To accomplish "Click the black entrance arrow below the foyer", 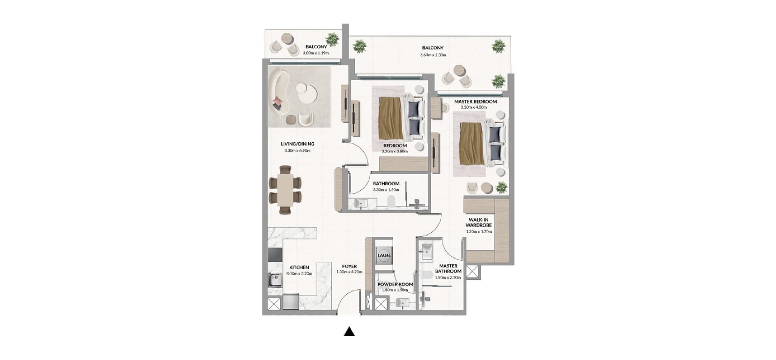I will (349, 332).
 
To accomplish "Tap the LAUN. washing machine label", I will (384, 255).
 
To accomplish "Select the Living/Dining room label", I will (297, 144).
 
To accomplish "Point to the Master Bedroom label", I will (475, 101).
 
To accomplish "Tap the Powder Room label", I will (395, 284).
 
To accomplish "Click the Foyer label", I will (349, 266).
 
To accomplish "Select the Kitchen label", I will (299, 267).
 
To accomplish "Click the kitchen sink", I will (275, 279).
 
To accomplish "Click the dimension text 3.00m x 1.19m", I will (316, 53).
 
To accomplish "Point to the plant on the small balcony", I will (333, 39).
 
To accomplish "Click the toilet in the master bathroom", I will (426, 276).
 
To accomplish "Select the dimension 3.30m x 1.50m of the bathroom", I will (386, 189).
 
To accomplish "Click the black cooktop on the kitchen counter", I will (275, 255).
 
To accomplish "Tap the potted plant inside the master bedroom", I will (502, 187).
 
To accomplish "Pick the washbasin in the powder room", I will (403, 303).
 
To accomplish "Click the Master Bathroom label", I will (448, 268).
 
